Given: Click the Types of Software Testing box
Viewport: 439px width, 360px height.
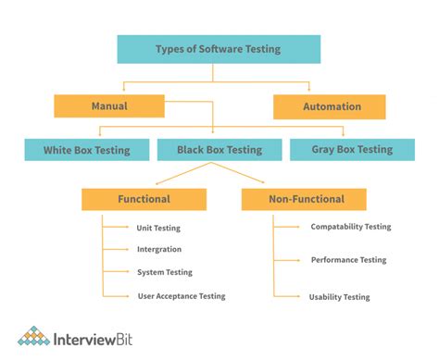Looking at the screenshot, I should pos(219,49).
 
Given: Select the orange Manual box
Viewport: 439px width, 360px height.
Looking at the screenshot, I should pos(109,106).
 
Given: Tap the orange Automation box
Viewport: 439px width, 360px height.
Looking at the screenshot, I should pos(329,106).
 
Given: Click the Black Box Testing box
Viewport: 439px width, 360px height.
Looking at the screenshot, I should pos(219,149).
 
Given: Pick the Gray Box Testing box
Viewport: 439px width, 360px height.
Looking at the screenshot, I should pos(351,149).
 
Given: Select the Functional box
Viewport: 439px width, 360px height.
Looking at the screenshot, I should pos(144,199).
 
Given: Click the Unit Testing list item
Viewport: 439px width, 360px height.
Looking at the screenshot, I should pos(157,228).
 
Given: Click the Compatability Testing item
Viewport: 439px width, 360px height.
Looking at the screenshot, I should pos(350,227).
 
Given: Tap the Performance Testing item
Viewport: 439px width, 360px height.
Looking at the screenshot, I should pos(348,260).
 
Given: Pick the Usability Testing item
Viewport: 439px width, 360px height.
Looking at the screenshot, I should pos(339,297).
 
